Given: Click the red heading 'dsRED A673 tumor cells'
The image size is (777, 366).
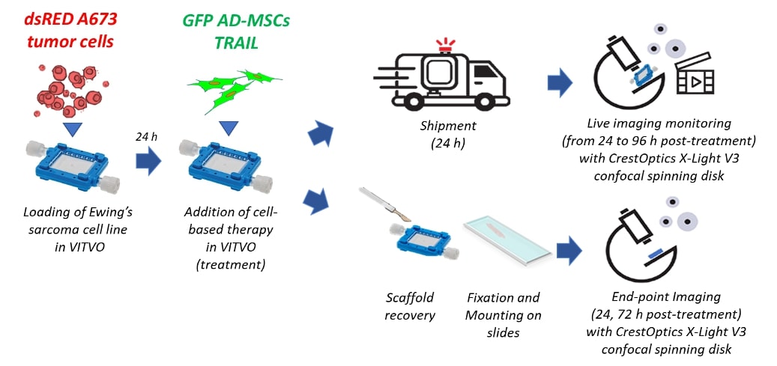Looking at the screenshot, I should pos(66,30).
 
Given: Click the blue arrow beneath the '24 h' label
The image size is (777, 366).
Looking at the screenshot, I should pos(148,160).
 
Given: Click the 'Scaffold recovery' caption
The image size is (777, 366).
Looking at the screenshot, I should pos(410,305).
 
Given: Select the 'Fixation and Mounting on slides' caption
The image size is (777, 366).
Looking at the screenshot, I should pos(503,314).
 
